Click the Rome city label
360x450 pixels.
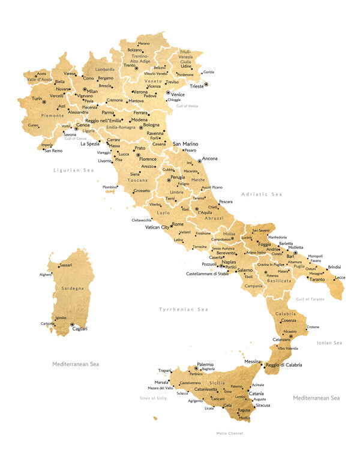178,224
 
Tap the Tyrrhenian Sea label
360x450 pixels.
183,310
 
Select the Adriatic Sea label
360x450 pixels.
261,194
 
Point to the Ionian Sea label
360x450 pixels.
329,343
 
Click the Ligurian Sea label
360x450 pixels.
74,170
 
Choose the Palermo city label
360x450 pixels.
205,364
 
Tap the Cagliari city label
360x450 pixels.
80,329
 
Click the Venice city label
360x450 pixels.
178,94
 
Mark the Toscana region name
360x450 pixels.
137,180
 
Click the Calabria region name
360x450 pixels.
286,314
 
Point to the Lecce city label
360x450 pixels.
340,278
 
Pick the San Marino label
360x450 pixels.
185,145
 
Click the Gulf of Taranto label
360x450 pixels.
310,299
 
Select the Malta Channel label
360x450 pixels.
229,433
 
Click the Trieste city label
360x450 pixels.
196,86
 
